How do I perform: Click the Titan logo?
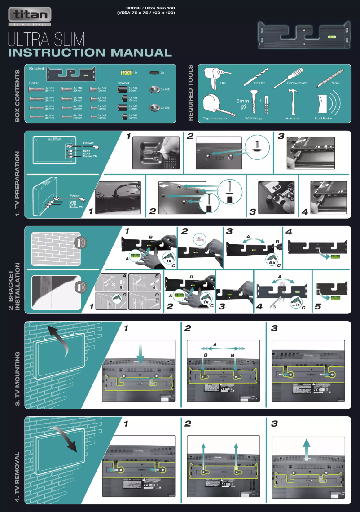(30, 16)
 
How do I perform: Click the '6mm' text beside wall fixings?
(242, 101)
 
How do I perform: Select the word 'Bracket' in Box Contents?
(36, 69)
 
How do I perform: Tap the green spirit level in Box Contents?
(127, 72)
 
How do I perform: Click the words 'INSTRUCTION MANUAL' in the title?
(90, 53)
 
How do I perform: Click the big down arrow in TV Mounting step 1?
(140, 353)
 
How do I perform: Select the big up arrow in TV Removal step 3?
(307, 448)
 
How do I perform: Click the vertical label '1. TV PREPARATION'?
(18, 184)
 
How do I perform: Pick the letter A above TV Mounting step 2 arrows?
(215, 344)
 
